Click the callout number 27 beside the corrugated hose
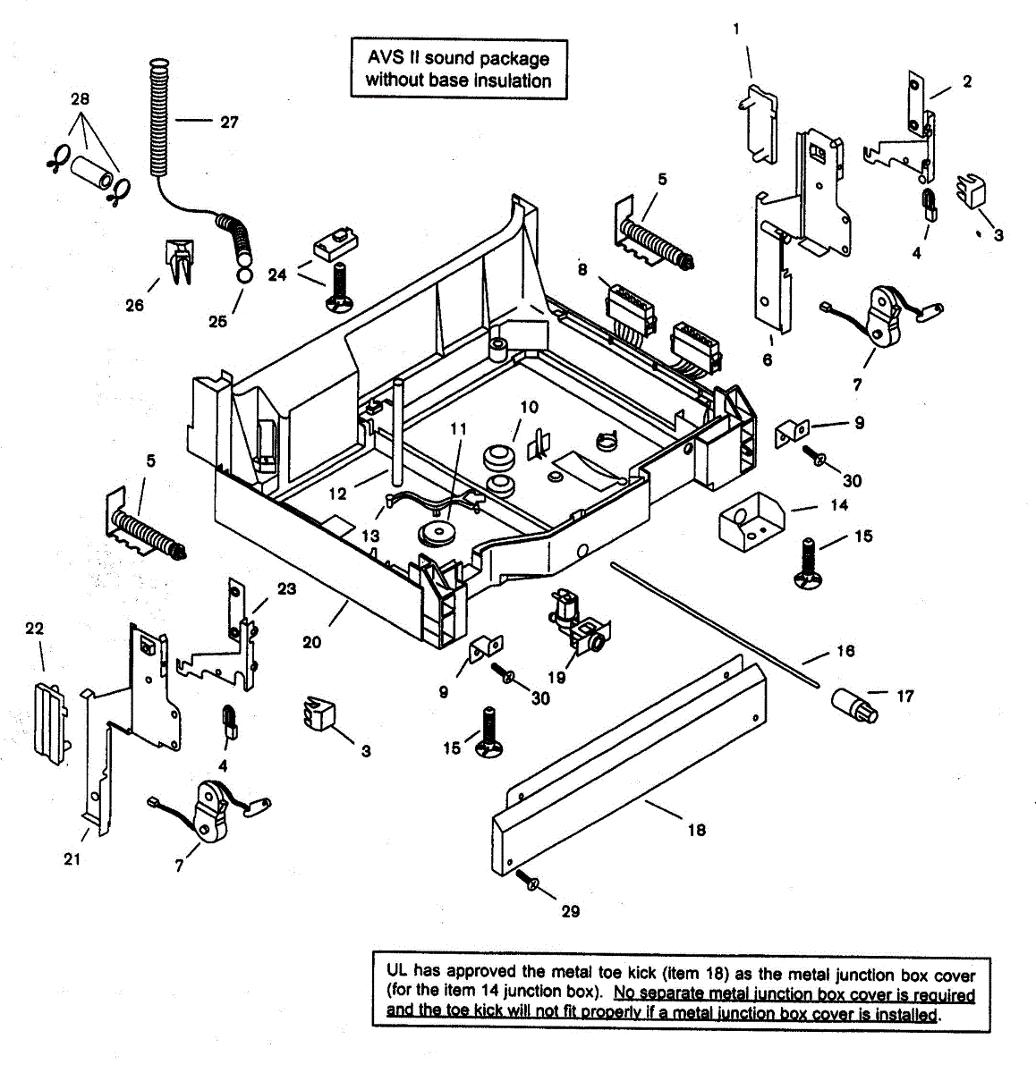click(x=229, y=122)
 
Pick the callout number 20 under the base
click(x=311, y=642)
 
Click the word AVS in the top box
click(x=386, y=58)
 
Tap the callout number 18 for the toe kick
click(x=696, y=830)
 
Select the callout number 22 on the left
click(x=34, y=629)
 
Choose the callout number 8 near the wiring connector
click(x=582, y=269)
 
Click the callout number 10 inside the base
click(x=529, y=408)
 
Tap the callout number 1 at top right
click(x=736, y=29)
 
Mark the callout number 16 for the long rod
click(x=845, y=651)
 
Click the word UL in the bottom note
click(x=396, y=970)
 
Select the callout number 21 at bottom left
click(x=72, y=859)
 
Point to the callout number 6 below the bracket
click(x=768, y=360)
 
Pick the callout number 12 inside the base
click(x=336, y=493)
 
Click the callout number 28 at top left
click(x=80, y=98)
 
